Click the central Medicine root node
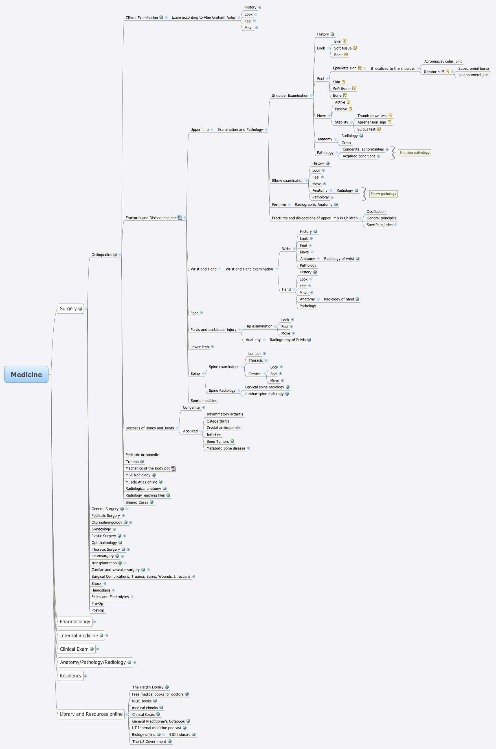[26, 374]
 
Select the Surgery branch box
[68, 309]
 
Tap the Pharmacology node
[75, 621]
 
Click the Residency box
[71, 676]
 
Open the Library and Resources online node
[91, 714]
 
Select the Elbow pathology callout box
[383, 194]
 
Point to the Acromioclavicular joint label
[443, 61]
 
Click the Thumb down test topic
[372, 116]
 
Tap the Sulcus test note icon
[379, 129]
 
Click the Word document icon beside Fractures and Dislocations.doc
[180, 217]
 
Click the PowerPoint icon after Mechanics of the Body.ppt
[173, 468]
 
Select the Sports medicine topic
[204, 400]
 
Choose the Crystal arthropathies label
[224, 428]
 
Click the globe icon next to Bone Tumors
[232, 441]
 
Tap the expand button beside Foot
[201, 313]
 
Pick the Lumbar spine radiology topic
[264, 394]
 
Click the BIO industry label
[179, 734]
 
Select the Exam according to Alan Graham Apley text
[203, 17]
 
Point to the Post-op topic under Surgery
[97, 610]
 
